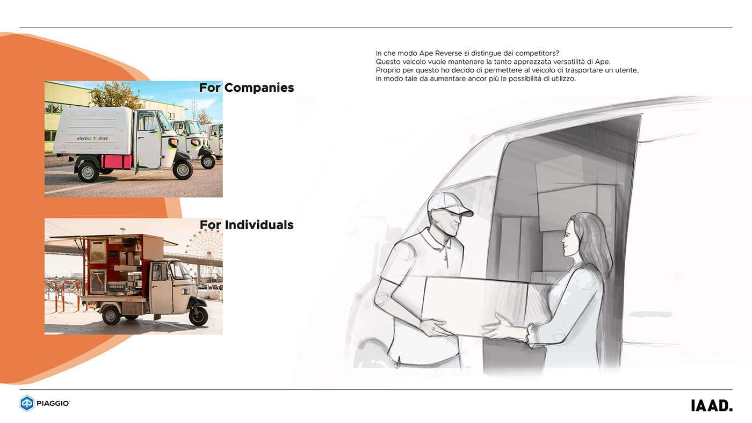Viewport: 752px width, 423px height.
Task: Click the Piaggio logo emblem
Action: tap(27, 403)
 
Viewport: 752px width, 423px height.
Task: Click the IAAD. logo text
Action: tap(711, 406)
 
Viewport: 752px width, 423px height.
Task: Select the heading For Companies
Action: tap(247, 87)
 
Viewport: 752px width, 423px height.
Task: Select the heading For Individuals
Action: tap(247, 224)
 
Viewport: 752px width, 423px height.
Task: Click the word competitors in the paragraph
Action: tap(534, 53)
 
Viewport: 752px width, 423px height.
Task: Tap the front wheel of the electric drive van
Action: tap(183, 170)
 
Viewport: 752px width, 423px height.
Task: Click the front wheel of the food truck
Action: tap(198, 316)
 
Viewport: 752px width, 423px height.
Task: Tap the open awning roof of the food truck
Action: tap(113, 237)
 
